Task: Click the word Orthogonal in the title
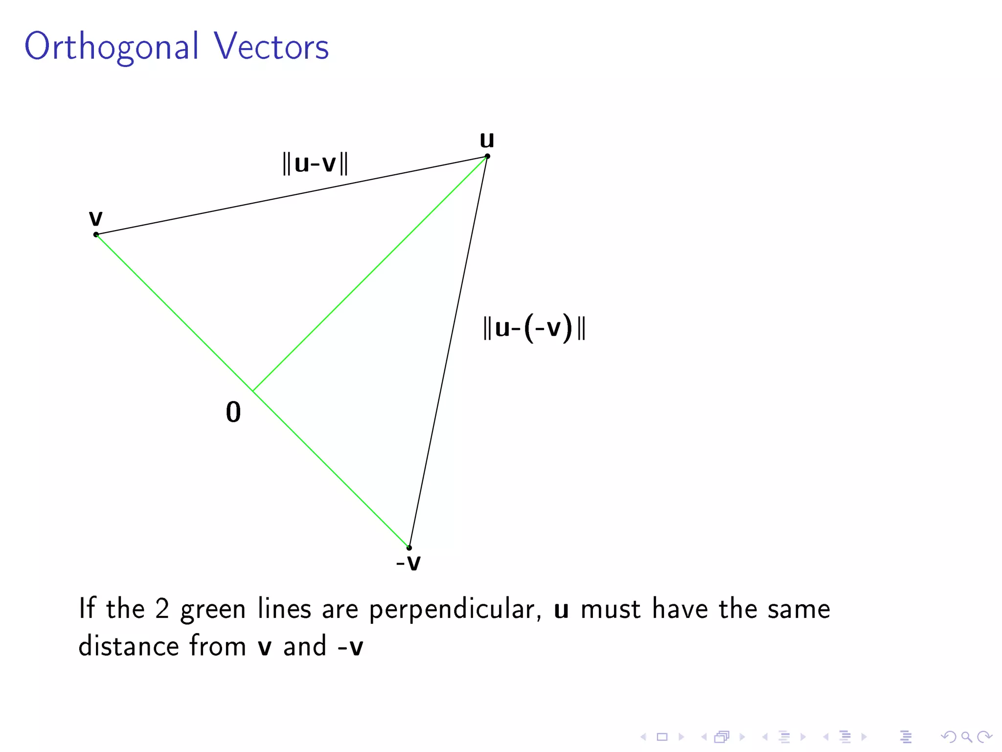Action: tap(112, 47)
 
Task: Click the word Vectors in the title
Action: tap(271, 47)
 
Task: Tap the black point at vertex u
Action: tap(487, 157)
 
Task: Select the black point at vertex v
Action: tap(96, 235)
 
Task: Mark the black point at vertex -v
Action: tap(409, 547)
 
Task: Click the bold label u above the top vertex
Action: tap(487, 140)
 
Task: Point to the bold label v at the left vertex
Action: tap(96, 218)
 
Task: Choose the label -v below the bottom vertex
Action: tap(408, 562)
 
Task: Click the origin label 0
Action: tap(233, 412)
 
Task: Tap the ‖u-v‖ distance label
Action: tap(315, 163)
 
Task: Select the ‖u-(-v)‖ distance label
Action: tap(534, 328)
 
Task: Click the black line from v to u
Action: tap(292, 196)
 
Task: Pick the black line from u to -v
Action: tap(448, 352)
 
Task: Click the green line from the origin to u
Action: tap(370, 274)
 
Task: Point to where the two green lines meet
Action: tap(252, 391)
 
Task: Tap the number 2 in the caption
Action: tap(162, 609)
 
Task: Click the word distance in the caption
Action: tap(128, 646)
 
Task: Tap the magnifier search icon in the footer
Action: tap(966, 737)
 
